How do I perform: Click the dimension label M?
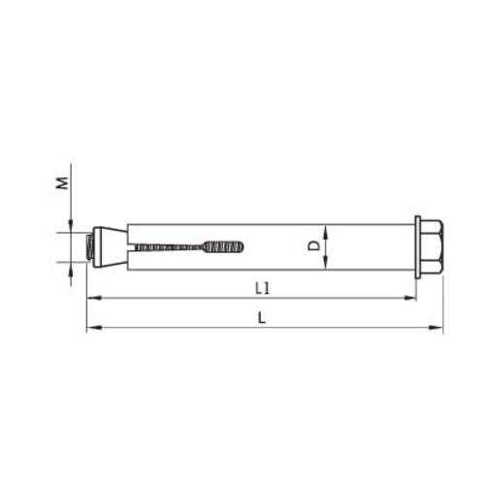click(x=62, y=182)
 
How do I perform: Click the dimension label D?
click(x=313, y=245)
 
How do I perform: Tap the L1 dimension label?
click(x=262, y=288)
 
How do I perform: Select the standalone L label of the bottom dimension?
click(x=262, y=318)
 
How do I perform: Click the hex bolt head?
click(x=432, y=246)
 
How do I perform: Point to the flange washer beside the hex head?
click(x=418, y=246)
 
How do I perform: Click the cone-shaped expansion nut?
click(x=110, y=246)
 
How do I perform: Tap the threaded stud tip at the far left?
click(x=88, y=246)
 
